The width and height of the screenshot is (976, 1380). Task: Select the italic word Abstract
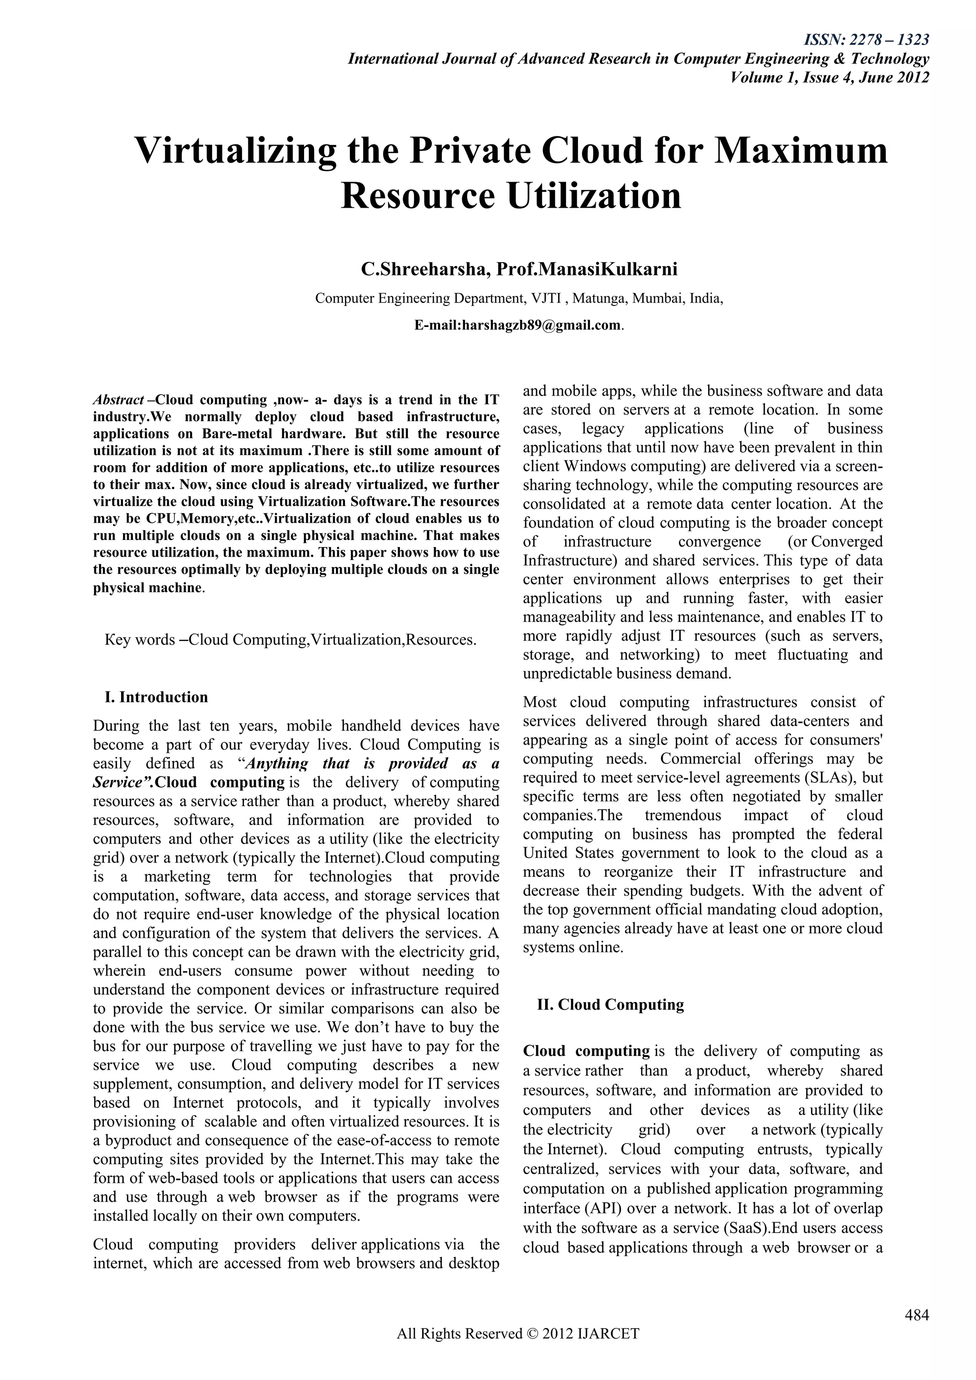[118, 400]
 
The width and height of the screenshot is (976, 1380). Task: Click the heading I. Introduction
[156, 697]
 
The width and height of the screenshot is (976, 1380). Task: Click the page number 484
[916, 1315]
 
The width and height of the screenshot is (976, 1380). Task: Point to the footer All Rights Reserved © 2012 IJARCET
[518, 1351]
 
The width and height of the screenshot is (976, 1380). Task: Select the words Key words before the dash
[140, 639]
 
